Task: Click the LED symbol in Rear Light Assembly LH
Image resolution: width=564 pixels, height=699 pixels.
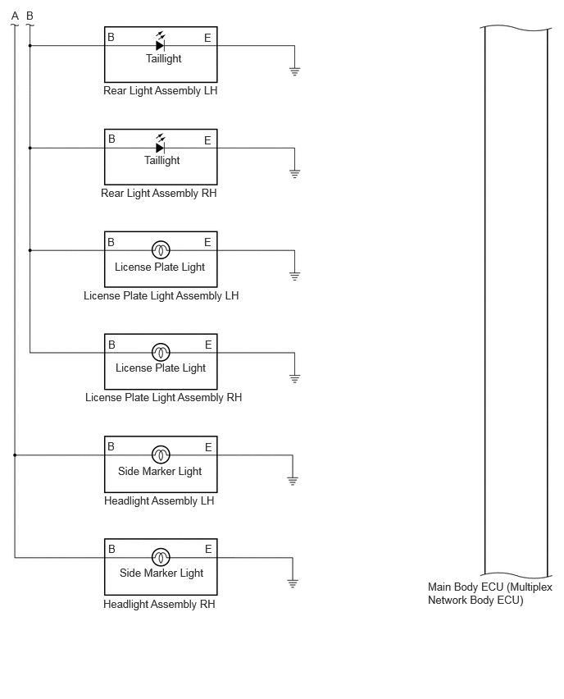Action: (161, 42)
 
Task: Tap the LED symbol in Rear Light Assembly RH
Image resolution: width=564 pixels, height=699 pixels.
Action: (161, 144)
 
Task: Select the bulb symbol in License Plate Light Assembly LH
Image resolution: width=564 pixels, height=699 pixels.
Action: (161, 250)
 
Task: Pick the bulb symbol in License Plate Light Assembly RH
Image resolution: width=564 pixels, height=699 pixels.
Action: (161, 353)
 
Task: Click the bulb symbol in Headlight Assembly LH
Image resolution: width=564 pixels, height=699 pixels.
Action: (161, 455)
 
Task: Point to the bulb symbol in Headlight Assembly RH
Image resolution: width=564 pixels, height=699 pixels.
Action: (161, 557)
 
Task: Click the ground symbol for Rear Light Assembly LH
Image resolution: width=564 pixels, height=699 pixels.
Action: (294, 71)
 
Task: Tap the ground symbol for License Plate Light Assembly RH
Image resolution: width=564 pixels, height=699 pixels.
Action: (294, 379)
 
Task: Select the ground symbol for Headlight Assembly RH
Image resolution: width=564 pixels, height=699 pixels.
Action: (293, 583)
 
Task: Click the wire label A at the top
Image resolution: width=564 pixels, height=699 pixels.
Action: (15, 16)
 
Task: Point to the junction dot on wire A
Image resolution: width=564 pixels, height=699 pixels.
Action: (15, 455)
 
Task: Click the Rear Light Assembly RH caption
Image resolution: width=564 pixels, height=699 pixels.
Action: (158, 193)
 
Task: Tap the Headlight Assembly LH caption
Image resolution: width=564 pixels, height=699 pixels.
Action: (159, 500)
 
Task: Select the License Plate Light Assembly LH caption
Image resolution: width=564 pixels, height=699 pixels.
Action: (161, 295)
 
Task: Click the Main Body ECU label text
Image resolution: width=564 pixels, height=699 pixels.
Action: (490, 593)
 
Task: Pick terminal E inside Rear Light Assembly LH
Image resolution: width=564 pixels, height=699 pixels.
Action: (207, 38)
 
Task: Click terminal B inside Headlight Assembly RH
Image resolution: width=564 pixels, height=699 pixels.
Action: (111, 549)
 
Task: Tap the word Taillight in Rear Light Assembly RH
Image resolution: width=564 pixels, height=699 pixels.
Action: (161, 160)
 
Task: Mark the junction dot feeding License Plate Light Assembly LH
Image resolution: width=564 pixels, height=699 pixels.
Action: (30, 250)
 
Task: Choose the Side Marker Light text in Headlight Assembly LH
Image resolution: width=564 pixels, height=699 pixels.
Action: (160, 471)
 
